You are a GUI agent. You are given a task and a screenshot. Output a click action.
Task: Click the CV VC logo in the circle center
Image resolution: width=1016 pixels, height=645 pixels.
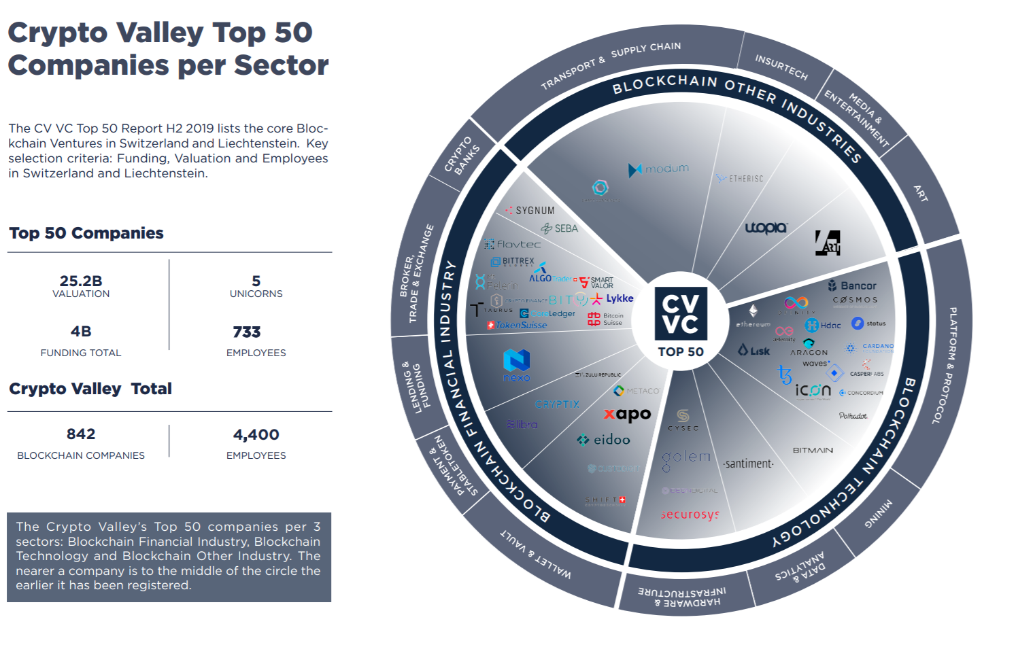tap(681, 313)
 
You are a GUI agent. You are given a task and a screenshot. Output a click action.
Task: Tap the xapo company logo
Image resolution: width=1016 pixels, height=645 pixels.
tap(628, 414)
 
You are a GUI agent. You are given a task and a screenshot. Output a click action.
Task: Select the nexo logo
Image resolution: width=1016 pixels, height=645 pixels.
tap(517, 365)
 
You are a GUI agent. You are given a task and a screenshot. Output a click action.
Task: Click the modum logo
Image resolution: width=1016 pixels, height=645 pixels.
tap(658, 169)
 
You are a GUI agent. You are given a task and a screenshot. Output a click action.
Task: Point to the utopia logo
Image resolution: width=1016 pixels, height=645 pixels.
tap(766, 228)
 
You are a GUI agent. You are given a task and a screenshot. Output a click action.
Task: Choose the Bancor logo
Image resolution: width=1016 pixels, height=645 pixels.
tap(852, 286)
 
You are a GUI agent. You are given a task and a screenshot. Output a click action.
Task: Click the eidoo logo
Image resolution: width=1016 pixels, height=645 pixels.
tap(603, 440)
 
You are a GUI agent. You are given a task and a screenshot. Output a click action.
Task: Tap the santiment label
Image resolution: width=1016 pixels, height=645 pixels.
tap(748, 464)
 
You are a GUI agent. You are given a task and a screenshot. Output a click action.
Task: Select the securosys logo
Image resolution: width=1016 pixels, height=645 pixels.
tap(690, 514)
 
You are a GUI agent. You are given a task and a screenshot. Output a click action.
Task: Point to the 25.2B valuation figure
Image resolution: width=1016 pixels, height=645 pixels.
tap(81, 281)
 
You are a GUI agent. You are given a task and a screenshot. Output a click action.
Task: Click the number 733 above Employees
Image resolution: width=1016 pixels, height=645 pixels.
tap(247, 332)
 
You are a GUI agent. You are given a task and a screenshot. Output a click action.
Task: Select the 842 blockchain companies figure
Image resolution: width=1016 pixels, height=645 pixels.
tap(81, 434)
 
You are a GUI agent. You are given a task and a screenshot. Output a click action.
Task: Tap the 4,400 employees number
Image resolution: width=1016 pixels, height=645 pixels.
tap(256, 434)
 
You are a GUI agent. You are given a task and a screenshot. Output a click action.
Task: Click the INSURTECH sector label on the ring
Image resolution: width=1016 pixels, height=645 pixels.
tap(781, 67)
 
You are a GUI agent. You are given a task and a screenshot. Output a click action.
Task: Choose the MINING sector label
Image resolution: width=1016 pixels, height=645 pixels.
tap(878, 513)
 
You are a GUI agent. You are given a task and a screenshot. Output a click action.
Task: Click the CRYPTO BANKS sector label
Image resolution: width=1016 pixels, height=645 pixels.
tap(462, 156)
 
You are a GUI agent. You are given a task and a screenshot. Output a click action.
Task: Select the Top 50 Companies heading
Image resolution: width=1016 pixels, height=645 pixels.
tap(86, 233)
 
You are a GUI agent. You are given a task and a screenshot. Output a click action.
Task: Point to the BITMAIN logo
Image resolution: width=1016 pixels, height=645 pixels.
tap(813, 450)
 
